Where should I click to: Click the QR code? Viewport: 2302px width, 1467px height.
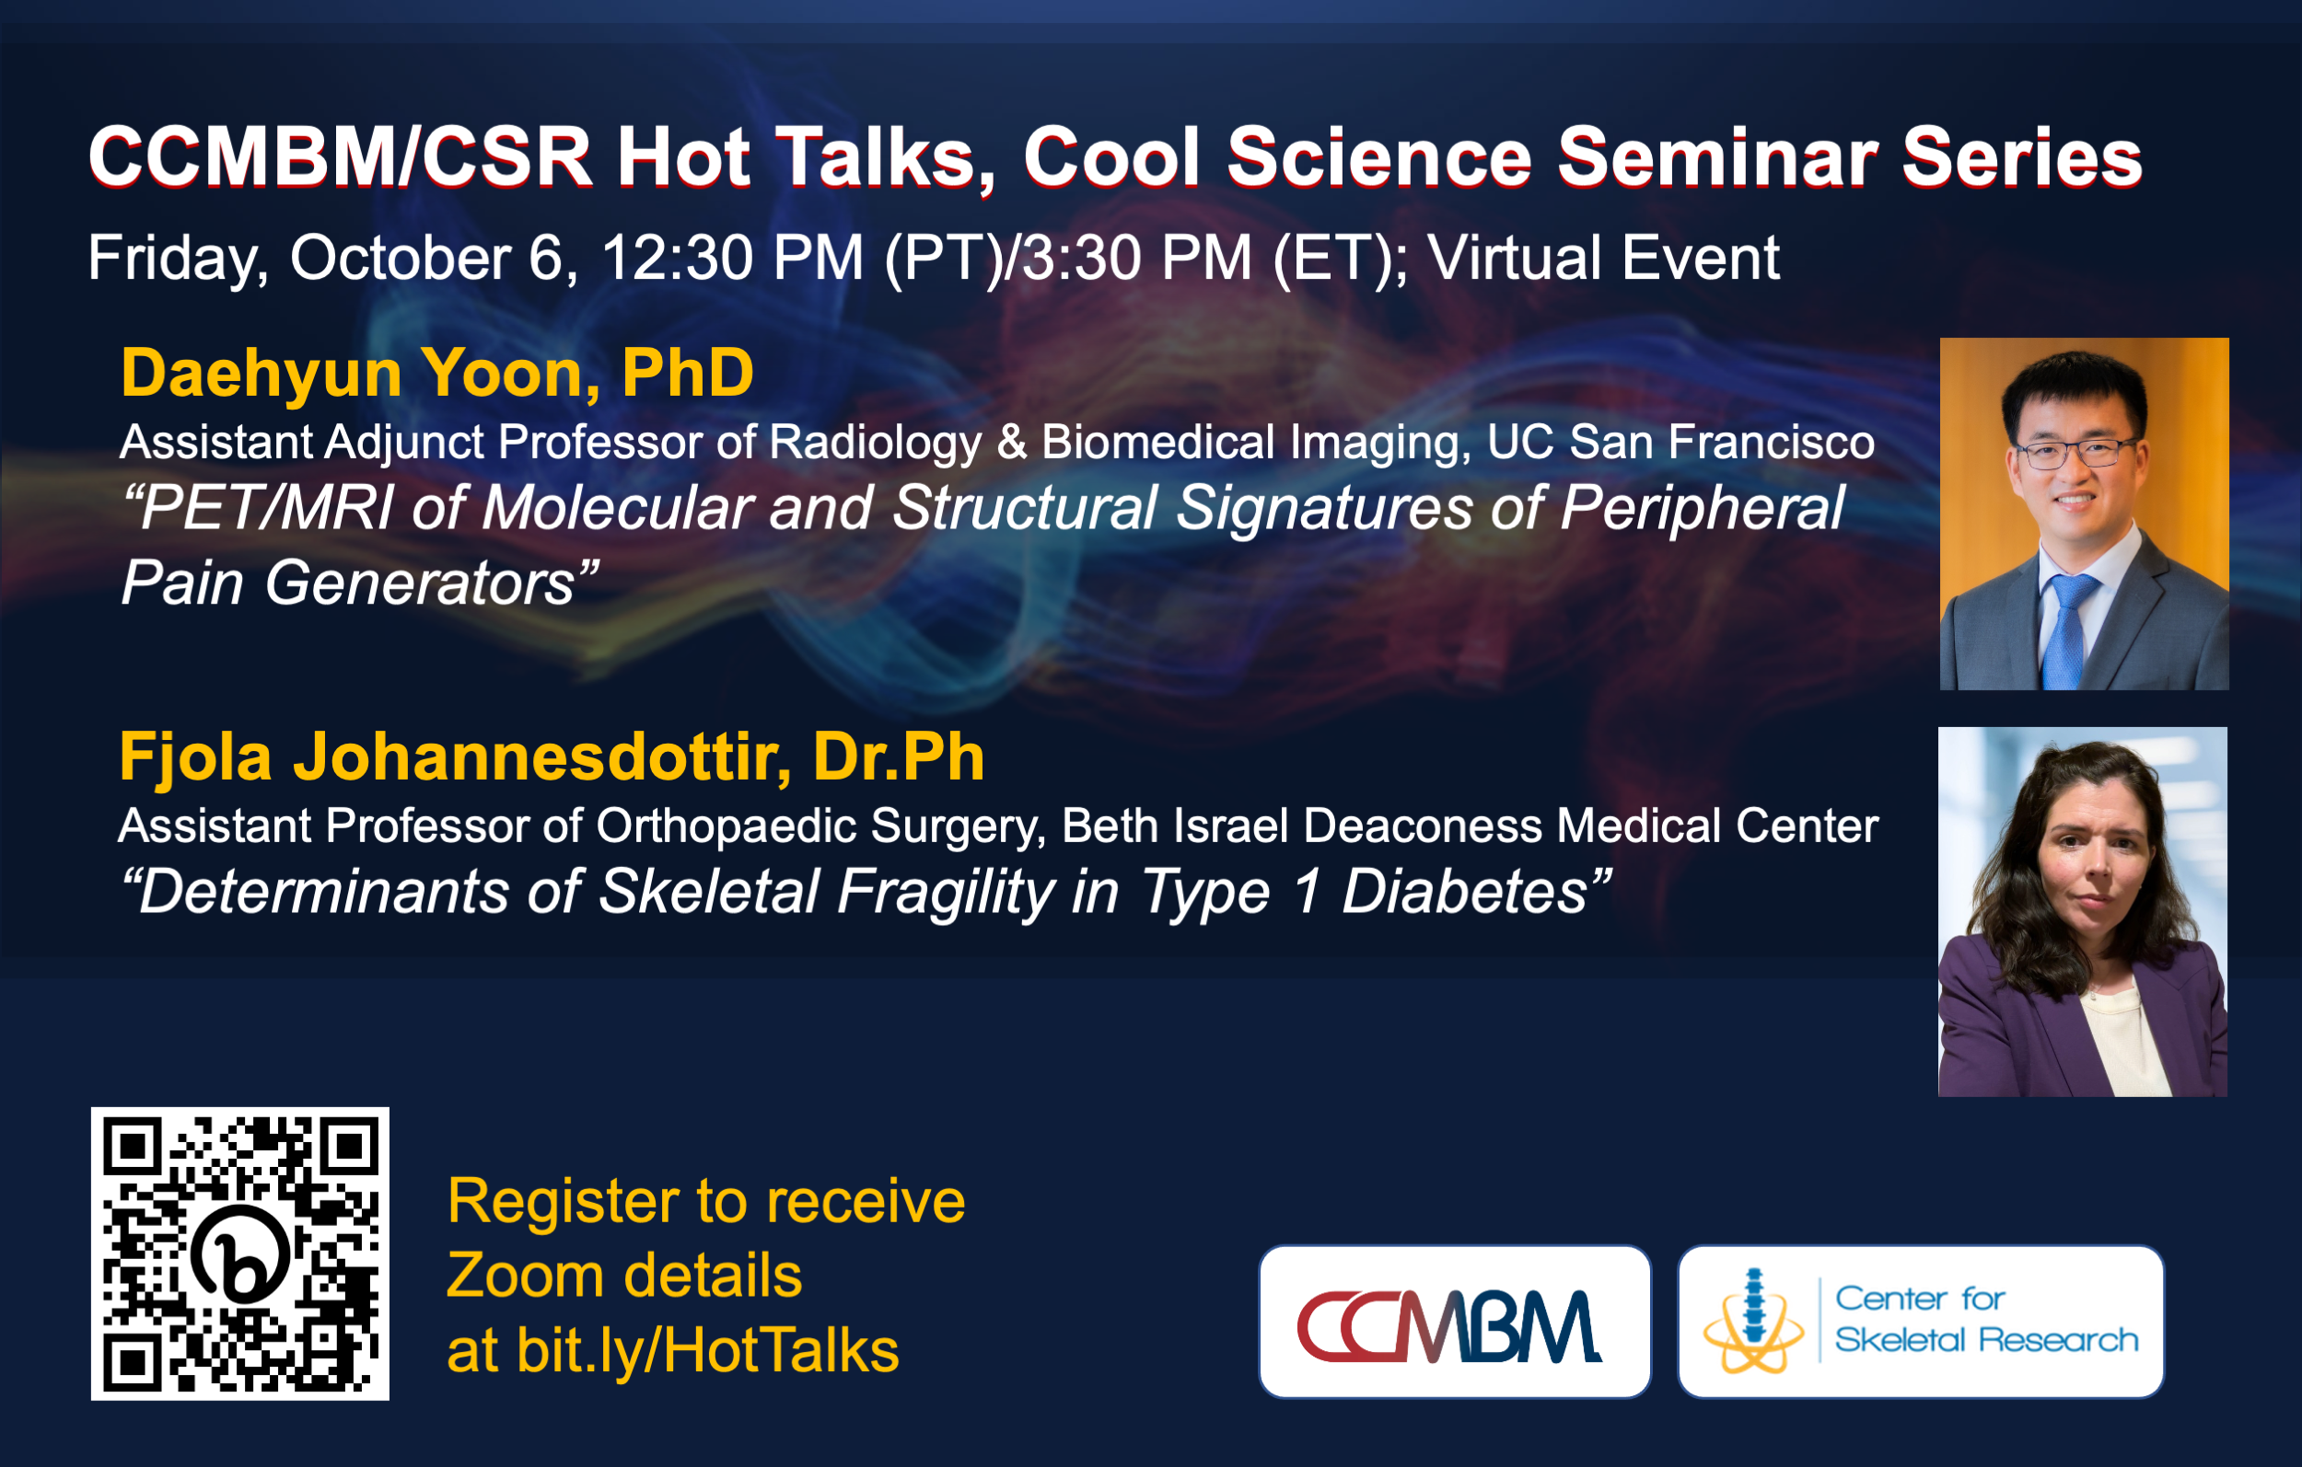point(240,1253)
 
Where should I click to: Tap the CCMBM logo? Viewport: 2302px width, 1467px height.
point(1454,1321)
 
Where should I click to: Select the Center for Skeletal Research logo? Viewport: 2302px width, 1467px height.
point(1921,1321)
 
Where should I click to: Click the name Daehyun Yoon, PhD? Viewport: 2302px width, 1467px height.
point(436,373)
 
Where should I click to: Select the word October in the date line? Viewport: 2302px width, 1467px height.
point(401,258)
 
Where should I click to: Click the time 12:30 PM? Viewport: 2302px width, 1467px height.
point(732,258)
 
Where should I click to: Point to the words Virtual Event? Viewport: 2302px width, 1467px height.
point(1603,258)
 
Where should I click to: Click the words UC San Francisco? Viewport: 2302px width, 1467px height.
point(1680,442)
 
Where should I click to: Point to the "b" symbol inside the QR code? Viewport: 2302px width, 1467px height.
point(240,1253)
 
